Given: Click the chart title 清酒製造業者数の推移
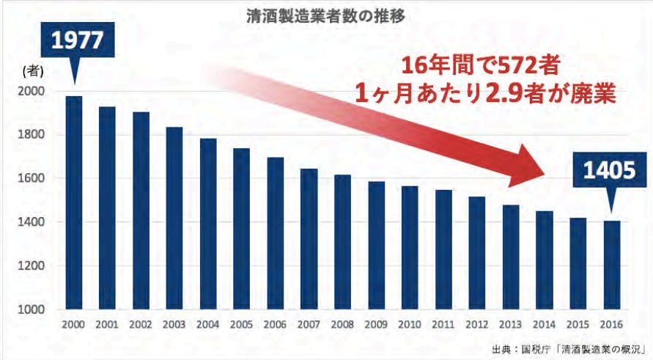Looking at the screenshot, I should pos(325,12).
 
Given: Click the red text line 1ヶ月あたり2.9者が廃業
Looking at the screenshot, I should pos(480,95).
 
